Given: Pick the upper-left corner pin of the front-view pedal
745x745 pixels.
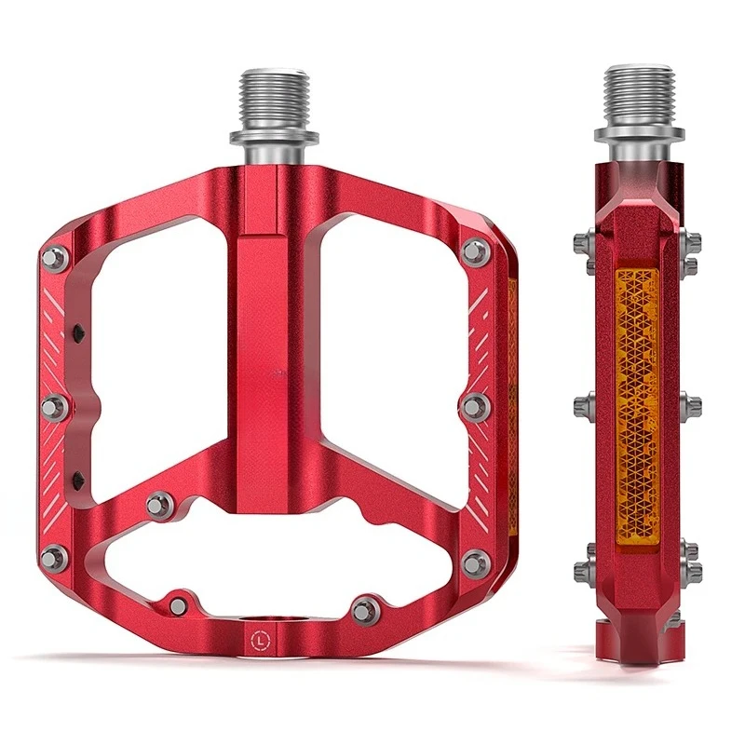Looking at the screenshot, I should click(x=54, y=258).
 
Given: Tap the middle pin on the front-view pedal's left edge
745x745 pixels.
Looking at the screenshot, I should click(x=54, y=406).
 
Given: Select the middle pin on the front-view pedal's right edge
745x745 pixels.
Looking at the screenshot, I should click(x=476, y=404).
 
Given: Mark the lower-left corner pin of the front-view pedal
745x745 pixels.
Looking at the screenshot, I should click(x=54, y=558).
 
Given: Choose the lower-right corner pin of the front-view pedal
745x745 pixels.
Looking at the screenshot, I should click(x=476, y=562).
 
